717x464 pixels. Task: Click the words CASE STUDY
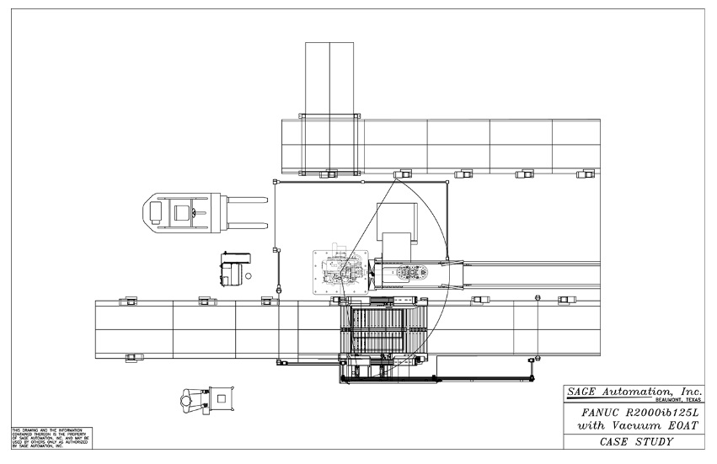(635, 442)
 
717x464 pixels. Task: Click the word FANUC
(599, 413)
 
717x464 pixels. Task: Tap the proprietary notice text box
(50, 438)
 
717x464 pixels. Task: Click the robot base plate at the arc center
(340, 272)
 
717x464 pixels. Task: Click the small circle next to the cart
(248, 275)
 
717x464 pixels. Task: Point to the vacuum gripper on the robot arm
(414, 273)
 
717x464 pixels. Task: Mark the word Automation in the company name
(633, 393)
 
